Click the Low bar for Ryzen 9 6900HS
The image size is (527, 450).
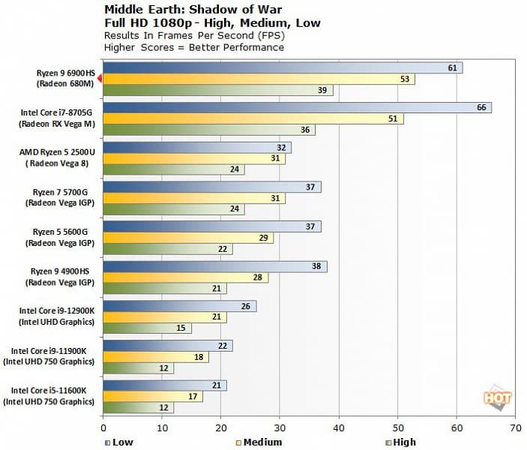click(x=282, y=68)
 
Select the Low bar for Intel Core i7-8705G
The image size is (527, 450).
click(x=297, y=107)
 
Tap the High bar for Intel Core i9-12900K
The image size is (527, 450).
click(x=147, y=328)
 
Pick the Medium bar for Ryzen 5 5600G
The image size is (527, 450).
click(x=188, y=238)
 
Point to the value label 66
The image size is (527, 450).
click(x=482, y=107)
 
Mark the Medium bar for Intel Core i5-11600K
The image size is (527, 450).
click(x=153, y=396)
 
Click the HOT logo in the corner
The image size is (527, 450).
click(x=497, y=398)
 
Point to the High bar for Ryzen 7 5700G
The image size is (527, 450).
click(x=173, y=208)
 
